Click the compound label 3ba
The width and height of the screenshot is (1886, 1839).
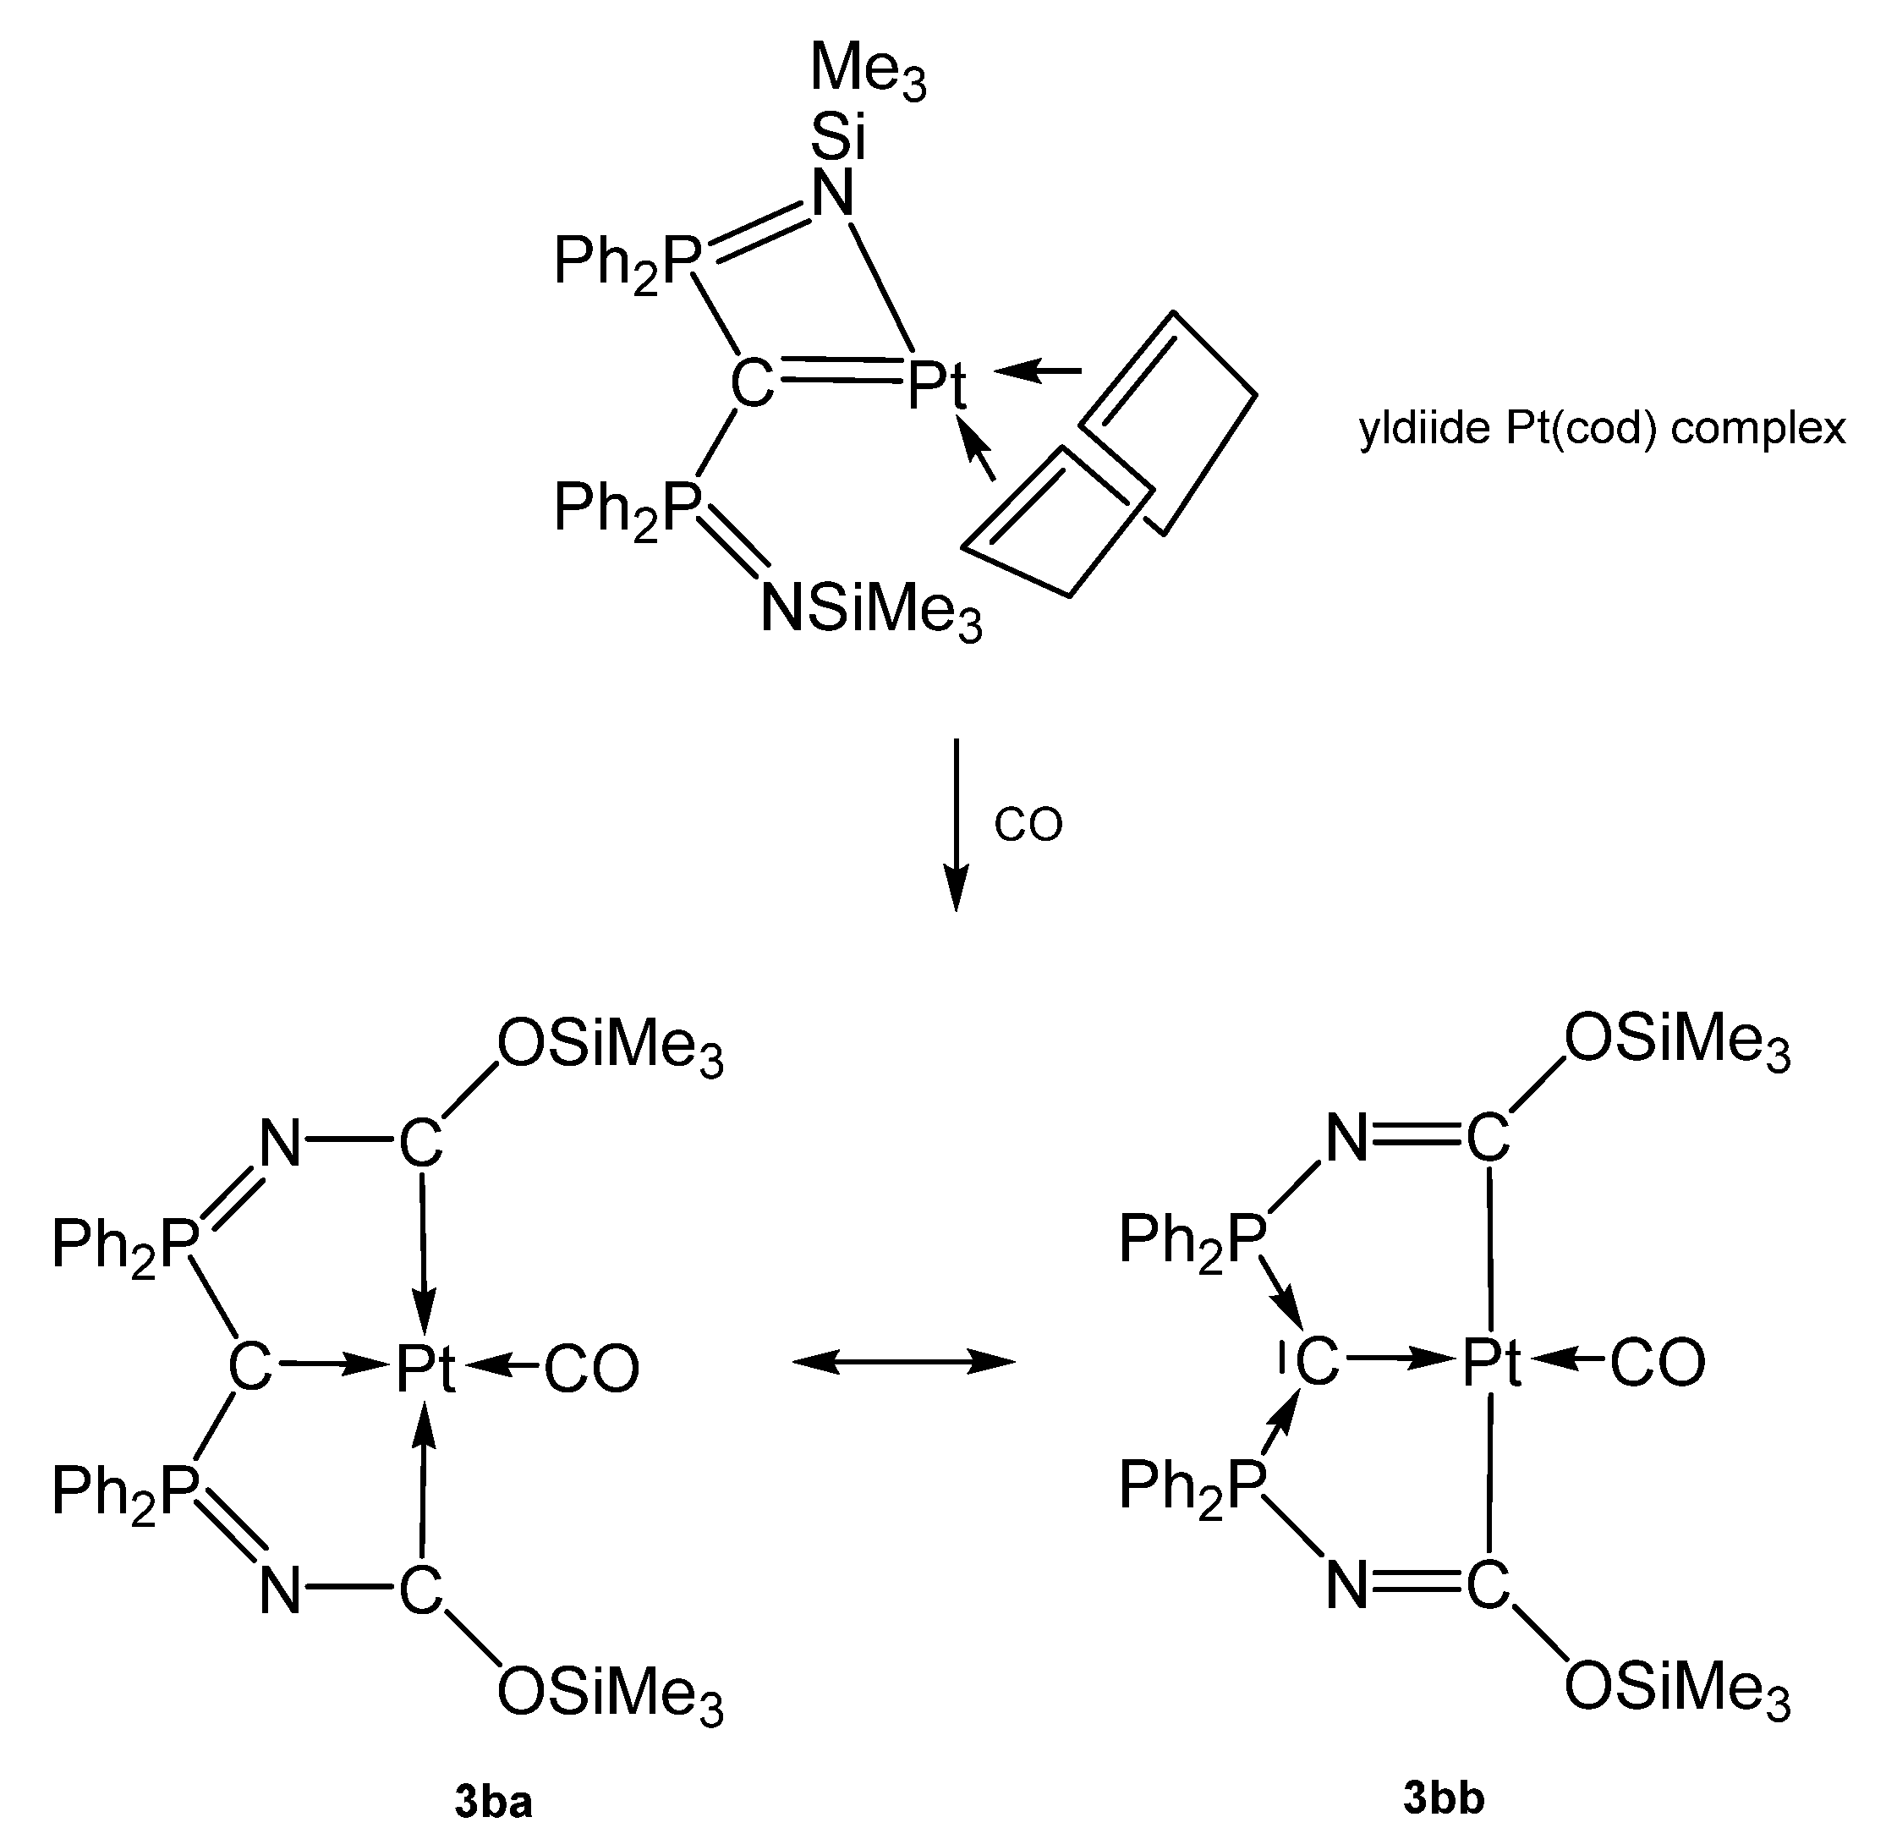point(493,1803)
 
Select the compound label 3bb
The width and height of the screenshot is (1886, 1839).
point(1444,1798)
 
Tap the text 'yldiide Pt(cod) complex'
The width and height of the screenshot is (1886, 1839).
point(1602,428)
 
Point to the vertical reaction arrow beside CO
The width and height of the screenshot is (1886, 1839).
point(955,824)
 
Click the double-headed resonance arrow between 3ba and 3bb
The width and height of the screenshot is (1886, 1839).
point(904,1362)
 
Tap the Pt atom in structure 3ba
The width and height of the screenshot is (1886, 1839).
point(425,1370)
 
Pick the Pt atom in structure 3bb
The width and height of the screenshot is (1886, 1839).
point(1491,1363)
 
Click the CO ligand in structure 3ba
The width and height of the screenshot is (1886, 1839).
point(591,1370)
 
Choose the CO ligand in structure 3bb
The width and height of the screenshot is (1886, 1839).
point(1657,1363)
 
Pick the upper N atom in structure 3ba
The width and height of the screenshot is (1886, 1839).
point(281,1145)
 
